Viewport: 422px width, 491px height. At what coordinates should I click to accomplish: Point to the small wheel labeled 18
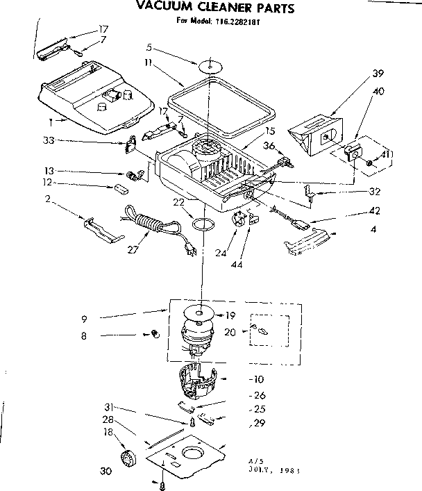point(127,459)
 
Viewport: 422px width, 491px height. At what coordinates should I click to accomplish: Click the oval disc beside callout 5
point(208,67)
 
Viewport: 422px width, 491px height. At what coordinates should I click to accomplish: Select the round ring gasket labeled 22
point(202,224)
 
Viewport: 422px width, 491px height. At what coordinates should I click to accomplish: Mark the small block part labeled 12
point(122,187)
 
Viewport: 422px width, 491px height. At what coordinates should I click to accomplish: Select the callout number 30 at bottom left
point(106,471)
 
